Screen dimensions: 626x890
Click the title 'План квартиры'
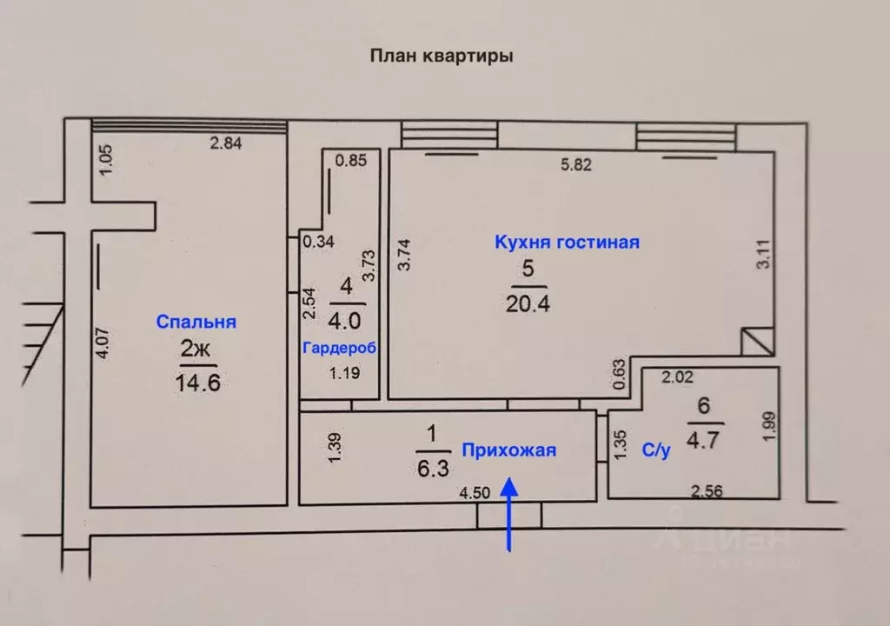point(442,57)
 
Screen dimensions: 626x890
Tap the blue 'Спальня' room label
point(196,322)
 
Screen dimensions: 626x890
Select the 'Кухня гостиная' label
point(567,243)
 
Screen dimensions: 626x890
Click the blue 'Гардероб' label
point(339,348)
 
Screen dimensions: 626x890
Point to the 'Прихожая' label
point(508,450)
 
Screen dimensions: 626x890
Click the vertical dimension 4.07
point(103,343)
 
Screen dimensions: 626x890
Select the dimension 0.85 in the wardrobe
point(351,160)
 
